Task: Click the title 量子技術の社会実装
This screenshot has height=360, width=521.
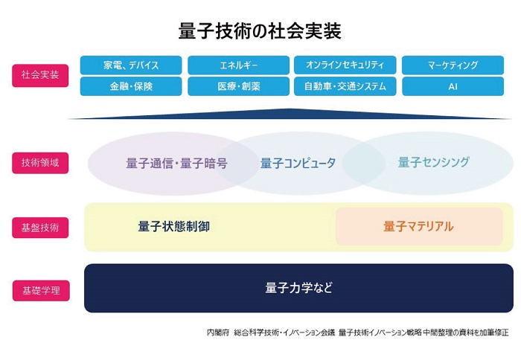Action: click(260, 30)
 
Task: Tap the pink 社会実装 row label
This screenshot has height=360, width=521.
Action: click(40, 75)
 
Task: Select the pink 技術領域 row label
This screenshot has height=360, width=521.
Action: click(40, 162)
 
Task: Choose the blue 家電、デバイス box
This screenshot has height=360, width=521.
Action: click(131, 65)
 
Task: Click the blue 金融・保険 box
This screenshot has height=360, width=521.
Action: click(131, 86)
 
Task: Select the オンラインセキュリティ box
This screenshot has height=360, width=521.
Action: click(345, 65)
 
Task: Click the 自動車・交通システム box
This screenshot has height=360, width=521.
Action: click(345, 86)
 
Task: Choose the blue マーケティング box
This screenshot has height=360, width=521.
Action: click(453, 65)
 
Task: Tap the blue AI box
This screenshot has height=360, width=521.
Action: click(453, 86)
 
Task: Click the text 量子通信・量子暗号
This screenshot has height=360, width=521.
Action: click(176, 163)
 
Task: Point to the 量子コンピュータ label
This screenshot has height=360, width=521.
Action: click(298, 163)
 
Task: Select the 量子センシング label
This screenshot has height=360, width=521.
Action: click(433, 162)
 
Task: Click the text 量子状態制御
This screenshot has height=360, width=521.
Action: click(173, 226)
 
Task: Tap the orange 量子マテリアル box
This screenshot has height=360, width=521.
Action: click(419, 226)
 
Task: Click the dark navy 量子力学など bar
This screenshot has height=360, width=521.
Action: click(298, 288)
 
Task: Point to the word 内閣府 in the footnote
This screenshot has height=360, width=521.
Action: click(217, 332)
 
